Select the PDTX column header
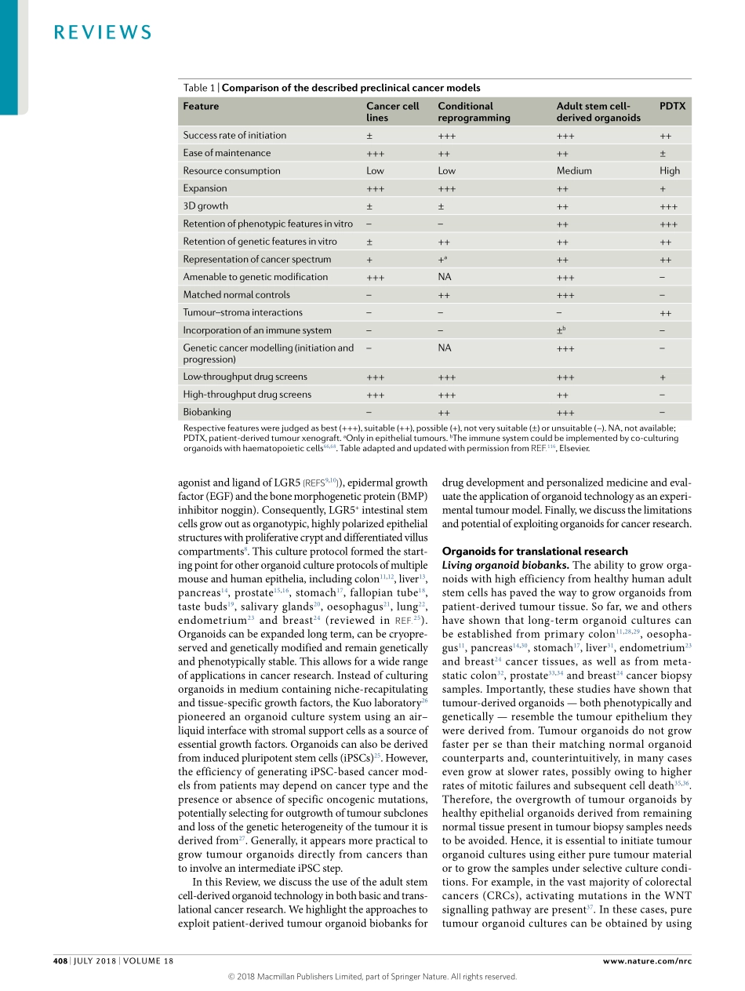[x=672, y=106]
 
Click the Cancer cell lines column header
[x=392, y=111]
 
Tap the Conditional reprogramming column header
[x=474, y=111]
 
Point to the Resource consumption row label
[x=231, y=170]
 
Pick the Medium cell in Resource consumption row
[x=574, y=170]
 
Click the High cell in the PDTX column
[x=670, y=170]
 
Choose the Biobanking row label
[x=207, y=412]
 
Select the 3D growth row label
[x=205, y=206]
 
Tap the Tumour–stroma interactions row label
[x=242, y=312]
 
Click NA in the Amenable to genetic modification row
[x=445, y=276]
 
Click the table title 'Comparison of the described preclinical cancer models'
[x=351, y=88]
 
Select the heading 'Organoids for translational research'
[x=524, y=551]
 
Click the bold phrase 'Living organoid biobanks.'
[x=506, y=565]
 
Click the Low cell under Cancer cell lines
[x=375, y=170]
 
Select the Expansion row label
[x=205, y=188]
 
